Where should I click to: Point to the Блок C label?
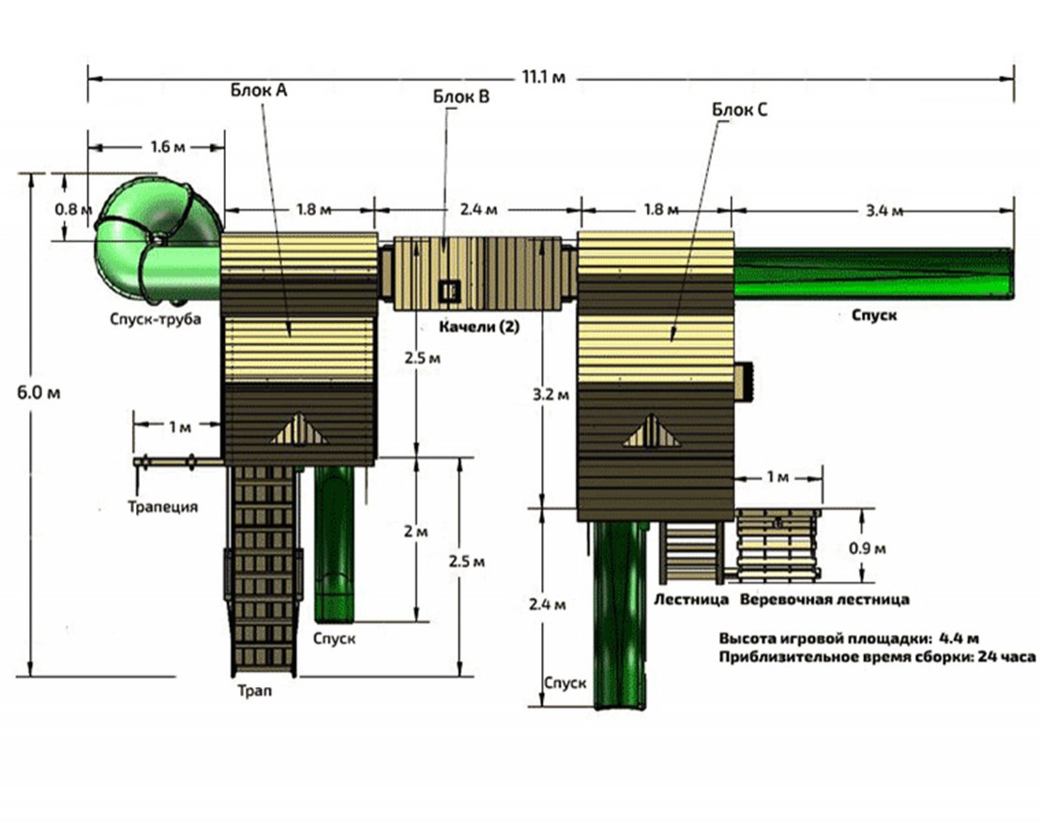[740, 111]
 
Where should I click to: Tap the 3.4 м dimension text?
[883, 210]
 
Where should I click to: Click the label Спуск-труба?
[155, 320]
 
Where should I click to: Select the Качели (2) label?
[478, 326]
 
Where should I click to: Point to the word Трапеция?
[162, 507]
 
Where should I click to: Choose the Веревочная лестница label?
[823, 598]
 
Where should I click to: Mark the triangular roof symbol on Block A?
[300, 429]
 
